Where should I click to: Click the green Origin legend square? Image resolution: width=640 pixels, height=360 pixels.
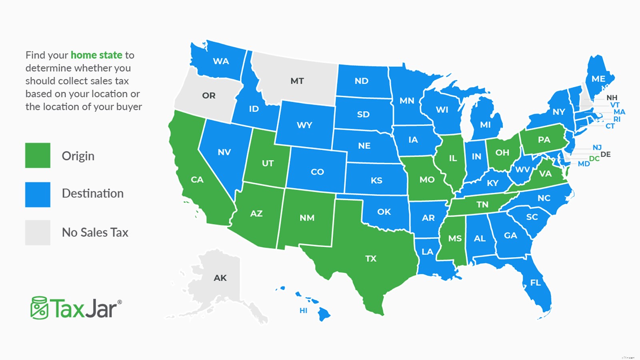coord(38,155)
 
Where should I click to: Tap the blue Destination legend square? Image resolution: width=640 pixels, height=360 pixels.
coord(38,194)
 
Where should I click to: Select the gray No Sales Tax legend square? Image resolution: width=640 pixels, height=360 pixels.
coord(38,232)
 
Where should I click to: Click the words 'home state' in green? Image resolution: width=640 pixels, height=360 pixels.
coord(96,55)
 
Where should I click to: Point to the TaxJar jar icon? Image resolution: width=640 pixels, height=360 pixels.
coord(39,308)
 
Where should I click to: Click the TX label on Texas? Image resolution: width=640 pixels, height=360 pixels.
coord(371,258)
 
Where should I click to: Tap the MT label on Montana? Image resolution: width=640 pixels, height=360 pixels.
coord(297,81)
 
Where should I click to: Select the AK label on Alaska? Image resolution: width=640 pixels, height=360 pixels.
coord(220,278)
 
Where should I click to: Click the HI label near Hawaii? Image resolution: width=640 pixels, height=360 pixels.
coord(304,310)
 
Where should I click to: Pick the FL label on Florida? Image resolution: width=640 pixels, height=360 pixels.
coord(535,283)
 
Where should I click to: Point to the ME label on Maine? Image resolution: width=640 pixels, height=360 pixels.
coord(598,79)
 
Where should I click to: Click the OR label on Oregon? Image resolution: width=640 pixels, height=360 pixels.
coord(209,96)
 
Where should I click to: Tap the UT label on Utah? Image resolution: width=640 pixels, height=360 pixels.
coord(268,163)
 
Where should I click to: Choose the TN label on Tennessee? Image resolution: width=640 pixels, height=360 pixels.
coord(482,204)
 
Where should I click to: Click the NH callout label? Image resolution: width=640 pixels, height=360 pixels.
coord(612,98)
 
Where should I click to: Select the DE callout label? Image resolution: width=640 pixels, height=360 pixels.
coord(606,154)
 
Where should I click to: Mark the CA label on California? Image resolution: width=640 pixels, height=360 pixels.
coord(197,180)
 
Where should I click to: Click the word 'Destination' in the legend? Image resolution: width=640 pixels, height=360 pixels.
coord(93,194)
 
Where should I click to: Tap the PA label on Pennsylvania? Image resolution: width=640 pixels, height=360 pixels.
coord(544,140)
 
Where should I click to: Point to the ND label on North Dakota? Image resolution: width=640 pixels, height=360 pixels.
coord(361,81)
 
